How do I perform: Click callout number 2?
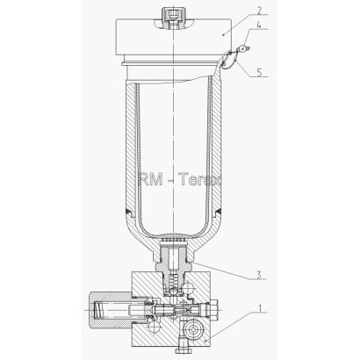[259, 10]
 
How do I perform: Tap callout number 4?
[259, 25]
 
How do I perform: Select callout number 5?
[259, 72]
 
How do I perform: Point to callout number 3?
[258, 275]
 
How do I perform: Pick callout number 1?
[259, 308]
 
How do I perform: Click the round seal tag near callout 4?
[243, 49]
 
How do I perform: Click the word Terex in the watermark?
[199, 179]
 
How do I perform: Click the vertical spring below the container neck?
[174, 282]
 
